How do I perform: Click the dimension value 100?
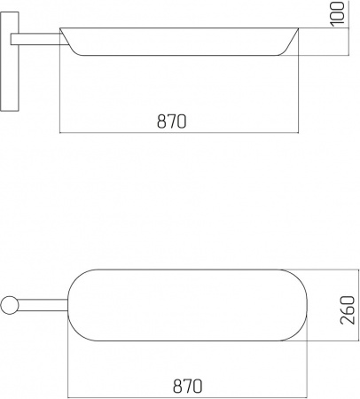tap(337, 14)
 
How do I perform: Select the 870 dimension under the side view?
tap(172, 121)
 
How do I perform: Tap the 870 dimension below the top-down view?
tap(188, 386)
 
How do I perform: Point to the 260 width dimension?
tap(348, 310)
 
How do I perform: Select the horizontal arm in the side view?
tap(38, 39)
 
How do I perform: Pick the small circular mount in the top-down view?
tap(10, 305)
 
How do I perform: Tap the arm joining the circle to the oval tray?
tap(43, 305)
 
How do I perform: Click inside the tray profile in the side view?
tap(179, 42)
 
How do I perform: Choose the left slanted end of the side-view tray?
tap(69, 43)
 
